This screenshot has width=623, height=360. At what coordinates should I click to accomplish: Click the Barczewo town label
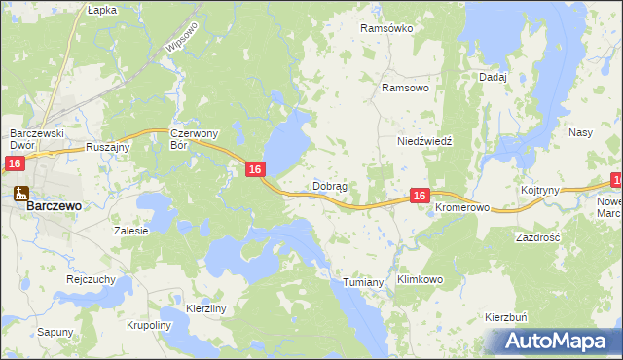point(54,206)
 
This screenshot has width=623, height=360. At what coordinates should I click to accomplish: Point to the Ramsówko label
point(386,29)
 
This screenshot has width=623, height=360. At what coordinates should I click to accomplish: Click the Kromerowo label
point(461,209)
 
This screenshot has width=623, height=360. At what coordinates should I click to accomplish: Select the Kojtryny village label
point(540,191)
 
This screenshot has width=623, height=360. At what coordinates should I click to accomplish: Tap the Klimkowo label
point(421,280)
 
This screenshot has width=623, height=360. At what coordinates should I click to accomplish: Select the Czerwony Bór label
point(192,139)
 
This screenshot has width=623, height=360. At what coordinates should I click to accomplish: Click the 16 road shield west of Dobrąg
point(254,170)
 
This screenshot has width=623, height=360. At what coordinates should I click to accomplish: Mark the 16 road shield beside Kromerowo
point(419,196)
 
